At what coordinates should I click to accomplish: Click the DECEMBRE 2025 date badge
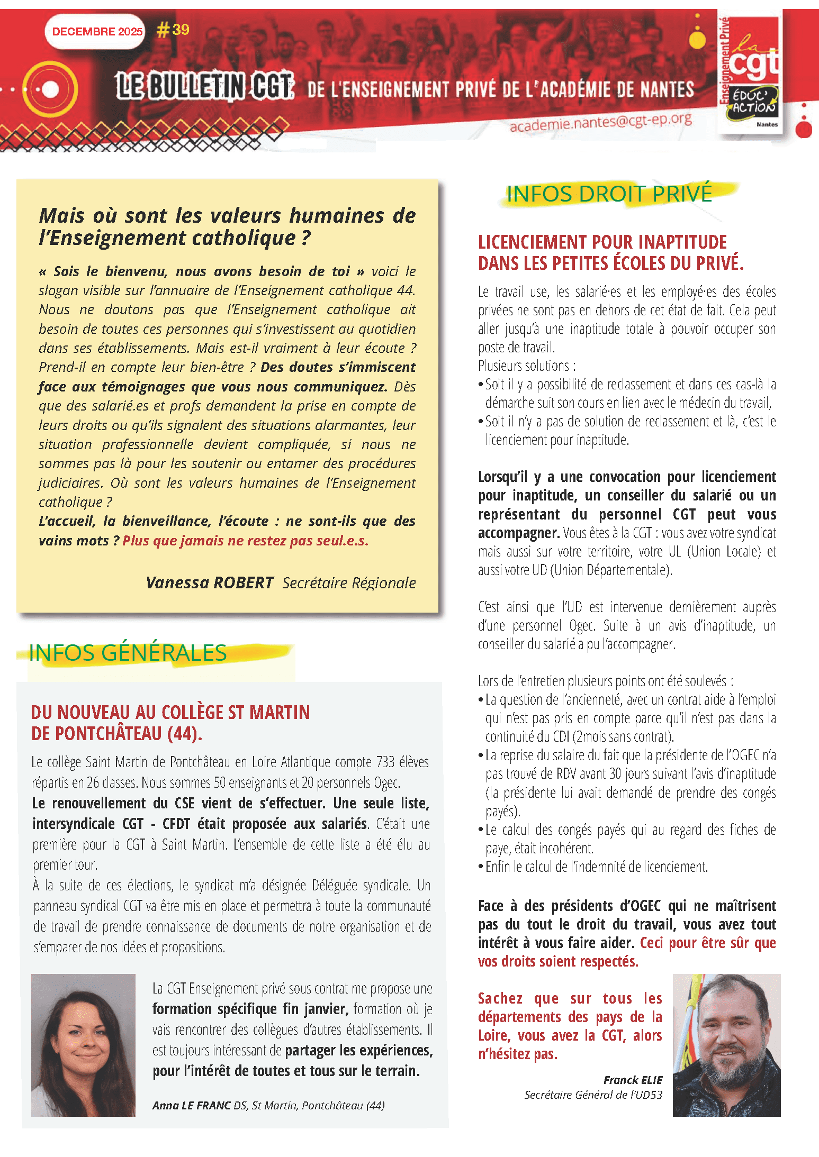point(97,32)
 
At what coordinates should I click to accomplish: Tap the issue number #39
point(173,30)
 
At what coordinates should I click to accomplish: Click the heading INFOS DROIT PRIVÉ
point(609,194)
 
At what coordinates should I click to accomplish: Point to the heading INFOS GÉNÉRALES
point(128,653)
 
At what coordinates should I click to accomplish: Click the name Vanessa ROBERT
point(210,582)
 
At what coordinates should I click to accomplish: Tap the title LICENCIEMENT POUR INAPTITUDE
point(602,242)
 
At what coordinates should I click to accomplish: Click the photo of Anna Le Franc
point(83,1045)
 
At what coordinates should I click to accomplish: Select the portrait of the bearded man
point(726,1045)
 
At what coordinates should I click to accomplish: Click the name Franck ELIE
point(633,1080)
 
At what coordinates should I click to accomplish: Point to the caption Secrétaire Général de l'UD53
point(593,1095)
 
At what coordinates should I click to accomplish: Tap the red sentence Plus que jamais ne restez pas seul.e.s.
point(245,541)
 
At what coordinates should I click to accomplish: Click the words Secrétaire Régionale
point(349,583)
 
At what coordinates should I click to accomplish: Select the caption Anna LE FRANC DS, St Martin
point(268,1105)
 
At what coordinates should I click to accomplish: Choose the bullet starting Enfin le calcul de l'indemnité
point(596,867)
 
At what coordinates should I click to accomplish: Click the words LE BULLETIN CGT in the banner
point(204,86)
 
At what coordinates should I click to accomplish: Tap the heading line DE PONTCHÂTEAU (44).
point(116,734)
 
